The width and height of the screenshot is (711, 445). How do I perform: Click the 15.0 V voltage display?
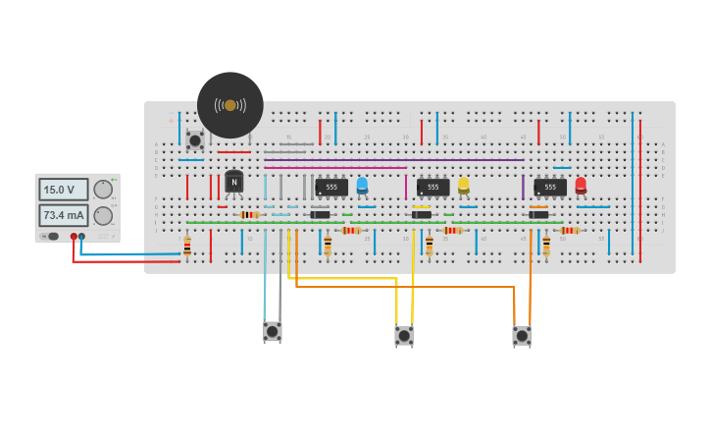[63, 190]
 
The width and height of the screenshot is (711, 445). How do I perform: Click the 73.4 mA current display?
[63, 215]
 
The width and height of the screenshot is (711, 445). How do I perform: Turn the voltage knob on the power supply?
[103, 190]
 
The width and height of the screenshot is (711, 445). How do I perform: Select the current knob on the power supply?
[103, 215]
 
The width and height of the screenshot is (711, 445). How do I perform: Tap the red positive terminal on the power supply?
[74, 237]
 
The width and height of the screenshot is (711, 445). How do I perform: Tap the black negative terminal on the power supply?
[81, 237]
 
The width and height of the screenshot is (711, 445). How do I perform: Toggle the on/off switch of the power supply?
[53, 237]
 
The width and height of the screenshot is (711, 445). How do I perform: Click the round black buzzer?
[229, 105]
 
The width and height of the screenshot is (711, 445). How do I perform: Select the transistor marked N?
[233, 182]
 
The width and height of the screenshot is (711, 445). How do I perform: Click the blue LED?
[362, 184]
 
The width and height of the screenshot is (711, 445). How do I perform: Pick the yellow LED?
[464, 184]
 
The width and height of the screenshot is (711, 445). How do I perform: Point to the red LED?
[581, 184]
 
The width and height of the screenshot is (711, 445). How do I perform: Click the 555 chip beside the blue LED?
[331, 187]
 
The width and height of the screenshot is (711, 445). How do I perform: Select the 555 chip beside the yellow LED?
[432, 187]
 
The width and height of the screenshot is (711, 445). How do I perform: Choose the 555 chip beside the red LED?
[550, 187]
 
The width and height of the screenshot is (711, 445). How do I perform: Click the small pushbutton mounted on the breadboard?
[195, 140]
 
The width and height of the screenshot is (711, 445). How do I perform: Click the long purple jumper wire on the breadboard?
[392, 160]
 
